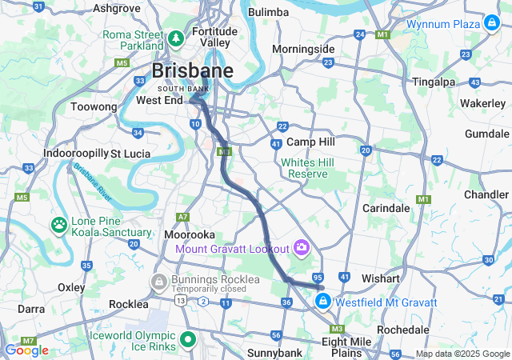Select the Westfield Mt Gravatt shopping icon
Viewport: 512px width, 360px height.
pyautogui.click(x=322, y=302)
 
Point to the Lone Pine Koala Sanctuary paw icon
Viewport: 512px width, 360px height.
pyautogui.click(x=60, y=225)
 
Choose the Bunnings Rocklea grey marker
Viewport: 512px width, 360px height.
pyautogui.click(x=158, y=282)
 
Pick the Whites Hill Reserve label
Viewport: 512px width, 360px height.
pyautogui.click(x=304, y=168)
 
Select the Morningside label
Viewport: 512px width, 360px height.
pyautogui.click(x=303, y=50)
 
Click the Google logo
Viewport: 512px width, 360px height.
pyautogui.click(x=26, y=350)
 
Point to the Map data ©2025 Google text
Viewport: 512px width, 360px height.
pyautogui.click(x=462, y=354)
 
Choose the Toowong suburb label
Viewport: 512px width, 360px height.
pyautogui.click(x=94, y=106)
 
